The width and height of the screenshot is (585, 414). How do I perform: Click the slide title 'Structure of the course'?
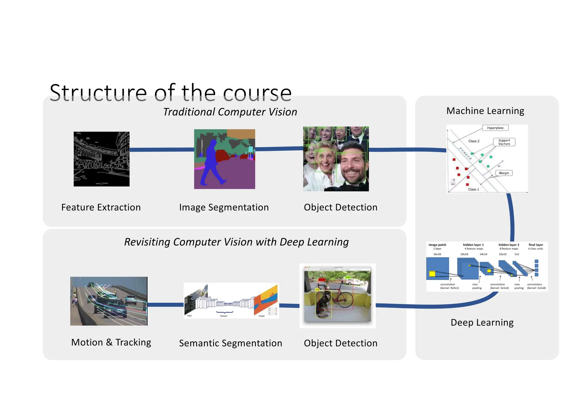pos(171,93)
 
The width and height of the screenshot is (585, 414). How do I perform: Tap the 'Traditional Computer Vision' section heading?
pos(230,112)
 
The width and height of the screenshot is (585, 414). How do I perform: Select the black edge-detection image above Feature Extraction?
pos(101,159)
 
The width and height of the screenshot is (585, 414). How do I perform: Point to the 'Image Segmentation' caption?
pos(224,207)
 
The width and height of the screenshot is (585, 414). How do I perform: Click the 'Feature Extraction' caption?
pos(101,207)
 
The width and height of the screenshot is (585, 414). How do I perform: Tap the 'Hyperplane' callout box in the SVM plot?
pos(495,128)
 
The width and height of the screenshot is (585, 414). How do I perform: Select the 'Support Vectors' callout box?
pos(504,142)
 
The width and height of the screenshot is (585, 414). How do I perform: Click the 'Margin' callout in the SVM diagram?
pos(504,173)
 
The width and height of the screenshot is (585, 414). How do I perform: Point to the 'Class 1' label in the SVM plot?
pos(473,189)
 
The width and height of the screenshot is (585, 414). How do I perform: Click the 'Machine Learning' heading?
pos(485,111)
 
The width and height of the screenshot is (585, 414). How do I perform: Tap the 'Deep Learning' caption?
pos(482,323)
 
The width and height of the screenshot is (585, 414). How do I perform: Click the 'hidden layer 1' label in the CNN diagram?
pos(473,245)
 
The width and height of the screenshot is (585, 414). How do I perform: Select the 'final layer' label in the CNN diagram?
pos(536,245)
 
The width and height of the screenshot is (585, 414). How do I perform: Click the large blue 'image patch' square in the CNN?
pos(437,268)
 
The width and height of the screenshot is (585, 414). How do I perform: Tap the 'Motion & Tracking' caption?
pos(111,342)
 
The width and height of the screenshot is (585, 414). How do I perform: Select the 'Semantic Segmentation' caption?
pos(230,343)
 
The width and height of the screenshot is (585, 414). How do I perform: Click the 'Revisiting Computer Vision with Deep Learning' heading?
pos(236,242)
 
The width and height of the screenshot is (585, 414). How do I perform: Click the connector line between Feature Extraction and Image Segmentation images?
pos(162,150)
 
